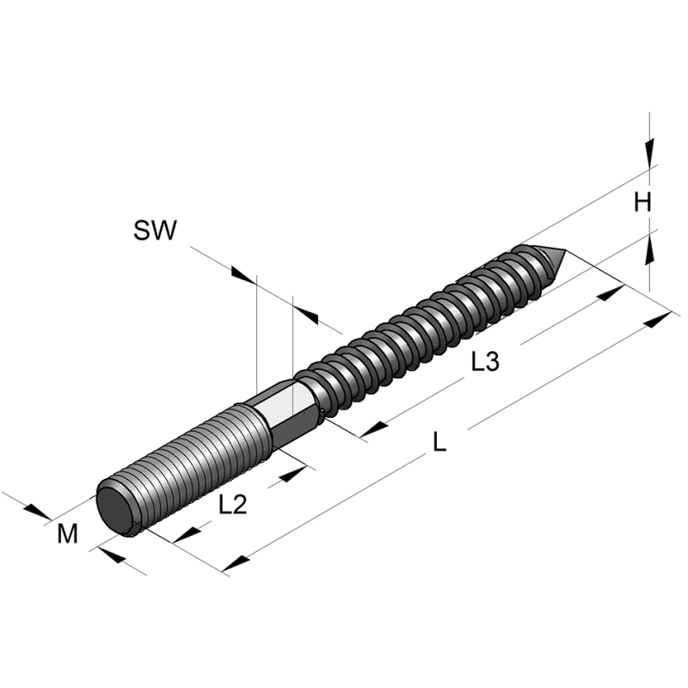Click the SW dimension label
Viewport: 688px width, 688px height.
(155, 230)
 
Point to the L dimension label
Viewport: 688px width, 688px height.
(439, 443)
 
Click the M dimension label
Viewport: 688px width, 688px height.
(68, 534)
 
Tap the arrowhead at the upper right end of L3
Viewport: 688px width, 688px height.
(610, 293)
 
